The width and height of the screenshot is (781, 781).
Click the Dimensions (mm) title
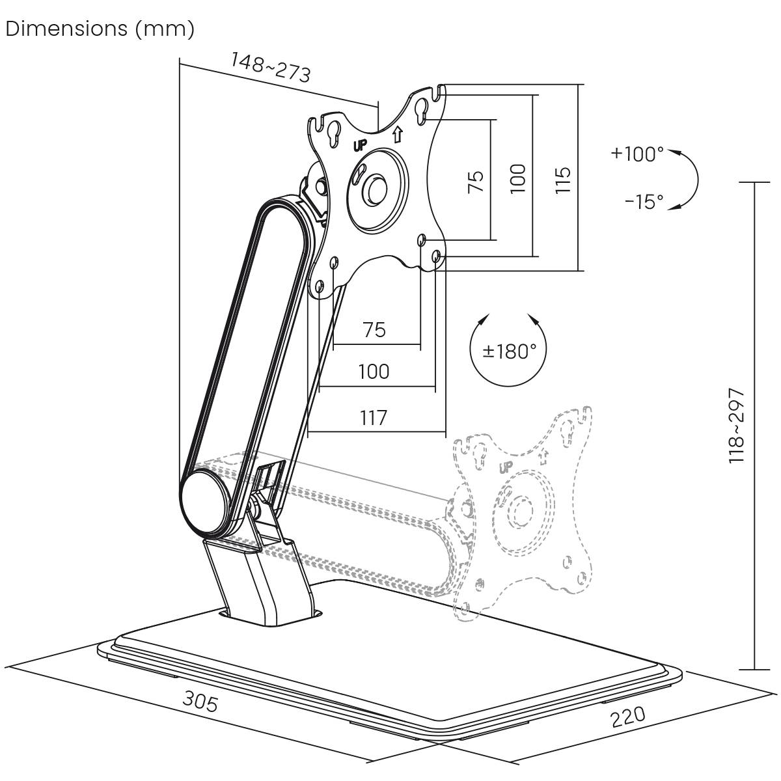100,29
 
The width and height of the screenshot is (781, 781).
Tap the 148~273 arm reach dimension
270,67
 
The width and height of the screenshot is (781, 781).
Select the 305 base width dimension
200,702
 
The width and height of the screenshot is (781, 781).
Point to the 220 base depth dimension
628,716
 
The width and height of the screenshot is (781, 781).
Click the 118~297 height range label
735,426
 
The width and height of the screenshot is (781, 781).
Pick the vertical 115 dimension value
563,180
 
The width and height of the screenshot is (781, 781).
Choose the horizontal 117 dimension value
374,417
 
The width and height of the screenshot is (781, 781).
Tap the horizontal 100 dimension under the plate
374,372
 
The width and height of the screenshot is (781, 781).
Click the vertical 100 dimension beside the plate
517,178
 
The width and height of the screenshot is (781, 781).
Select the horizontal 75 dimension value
374,330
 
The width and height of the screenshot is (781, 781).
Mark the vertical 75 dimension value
476,181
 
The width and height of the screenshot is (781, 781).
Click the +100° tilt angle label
637,154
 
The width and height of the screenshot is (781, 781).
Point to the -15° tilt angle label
644,202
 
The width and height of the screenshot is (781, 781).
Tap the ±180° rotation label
509,351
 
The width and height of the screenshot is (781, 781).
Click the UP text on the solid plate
360,145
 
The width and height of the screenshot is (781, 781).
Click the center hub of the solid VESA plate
376,187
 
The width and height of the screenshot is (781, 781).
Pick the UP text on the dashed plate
506,467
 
